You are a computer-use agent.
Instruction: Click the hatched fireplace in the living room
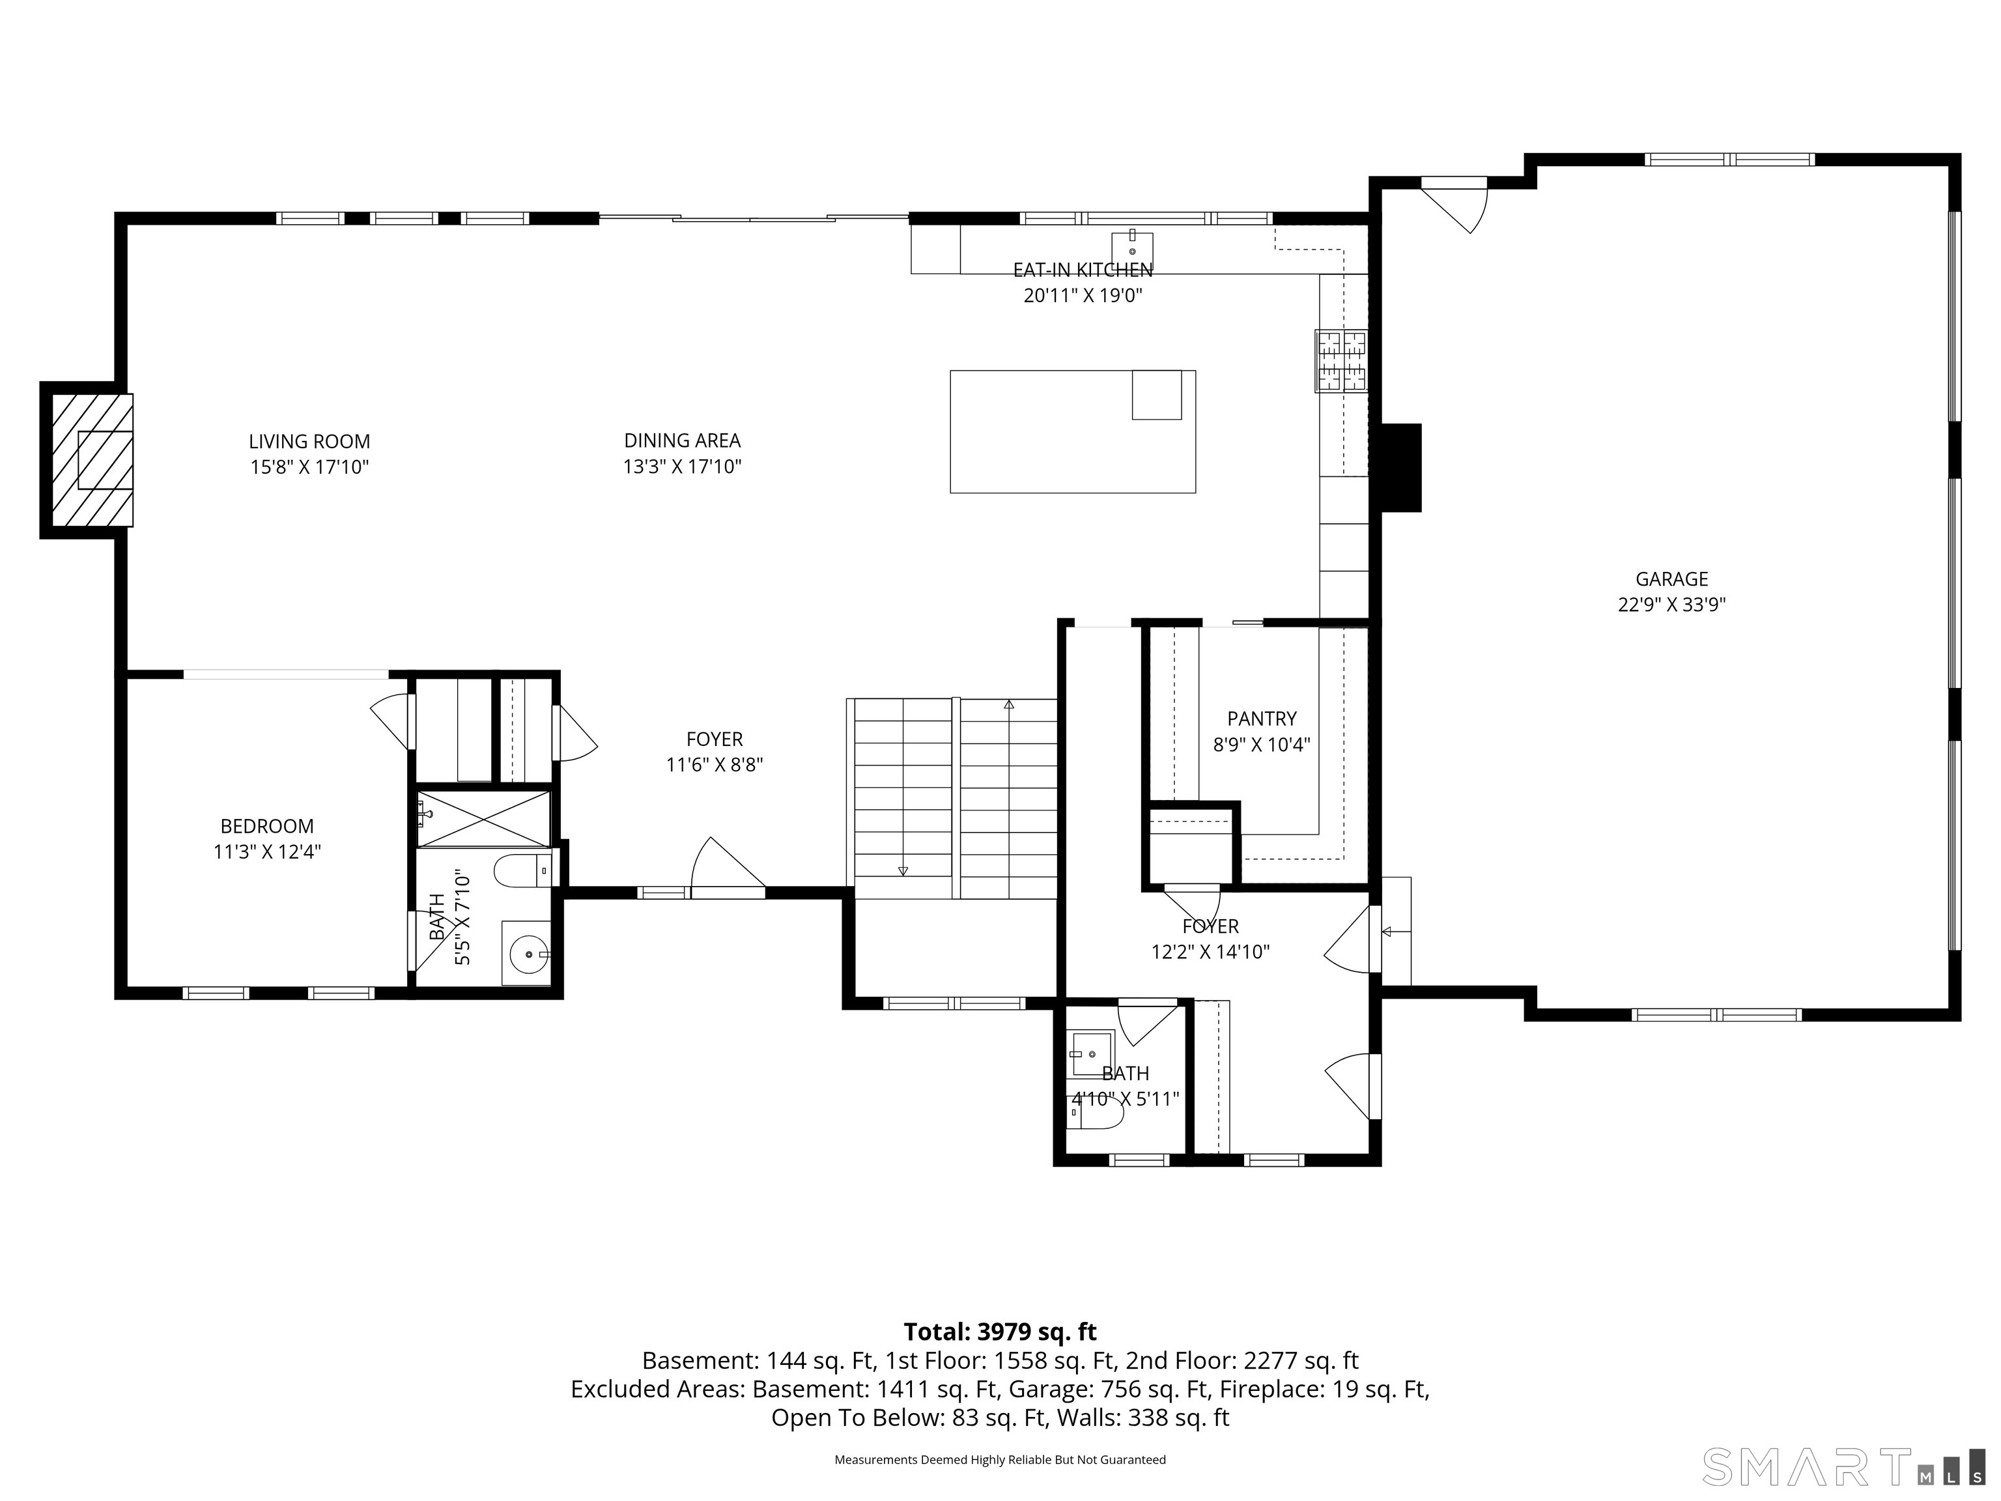pyautogui.click(x=91, y=460)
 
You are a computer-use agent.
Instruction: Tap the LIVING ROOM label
pyautogui.click(x=309, y=442)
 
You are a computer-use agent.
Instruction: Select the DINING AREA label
pyautogui.click(x=682, y=440)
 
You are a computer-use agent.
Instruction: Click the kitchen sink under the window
pyautogui.click(x=1131, y=246)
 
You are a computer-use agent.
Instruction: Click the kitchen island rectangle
pyautogui.click(x=1072, y=431)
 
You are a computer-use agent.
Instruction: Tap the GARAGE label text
pyautogui.click(x=1671, y=579)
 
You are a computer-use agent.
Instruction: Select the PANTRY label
pyautogui.click(x=1261, y=719)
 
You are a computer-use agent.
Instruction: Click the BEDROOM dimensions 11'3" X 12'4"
pyautogui.click(x=267, y=851)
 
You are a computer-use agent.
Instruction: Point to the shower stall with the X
pyautogui.click(x=484, y=819)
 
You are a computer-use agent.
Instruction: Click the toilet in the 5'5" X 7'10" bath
pyautogui.click(x=520, y=871)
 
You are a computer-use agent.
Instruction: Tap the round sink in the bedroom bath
pyautogui.click(x=528, y=954)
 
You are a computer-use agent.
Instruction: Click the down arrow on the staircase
pyautogui.click(x=903, y=870)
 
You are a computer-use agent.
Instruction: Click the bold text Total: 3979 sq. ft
pyautogui.click(x=1000, y=1332)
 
